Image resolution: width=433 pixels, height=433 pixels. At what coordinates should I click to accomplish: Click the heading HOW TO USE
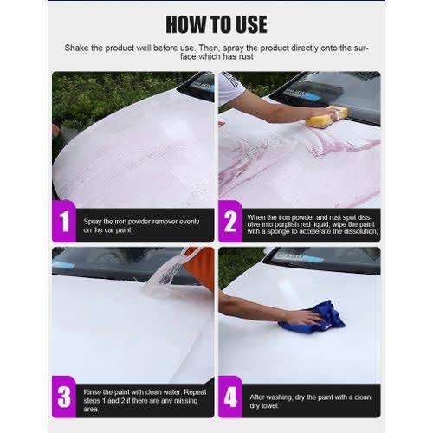click(216, 24)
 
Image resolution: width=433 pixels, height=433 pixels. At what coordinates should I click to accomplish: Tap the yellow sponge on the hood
click(326, 117)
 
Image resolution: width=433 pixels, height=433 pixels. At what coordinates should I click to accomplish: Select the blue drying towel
click(314, 319)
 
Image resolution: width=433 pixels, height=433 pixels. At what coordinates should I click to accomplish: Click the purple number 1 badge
click(64, 221)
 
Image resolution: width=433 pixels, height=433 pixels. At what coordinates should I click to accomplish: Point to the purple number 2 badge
click(230, 221)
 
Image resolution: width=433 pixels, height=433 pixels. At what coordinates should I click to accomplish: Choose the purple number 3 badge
click(64, 397)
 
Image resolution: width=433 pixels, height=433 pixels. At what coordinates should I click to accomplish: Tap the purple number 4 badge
click(230, 397)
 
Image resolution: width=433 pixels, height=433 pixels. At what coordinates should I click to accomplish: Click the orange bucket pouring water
click(200, 267)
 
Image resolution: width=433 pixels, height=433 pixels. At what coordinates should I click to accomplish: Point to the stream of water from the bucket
click(163, 275)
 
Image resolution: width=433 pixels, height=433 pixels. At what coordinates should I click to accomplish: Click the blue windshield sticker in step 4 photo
click(313, 259)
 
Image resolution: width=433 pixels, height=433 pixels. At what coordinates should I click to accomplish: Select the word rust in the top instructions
click(246, 56)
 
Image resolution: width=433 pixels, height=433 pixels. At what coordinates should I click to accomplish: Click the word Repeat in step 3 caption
click(195, 392)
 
